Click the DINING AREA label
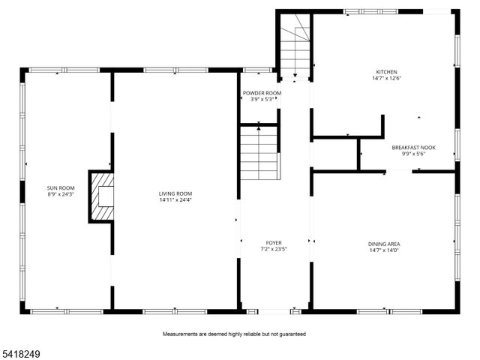click(x=383, y=244)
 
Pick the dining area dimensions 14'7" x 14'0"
click(x=383, y=250)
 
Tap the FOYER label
click(x=274, y=243)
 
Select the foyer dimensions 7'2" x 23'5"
click(x=274, y=250)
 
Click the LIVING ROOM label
click(x=175, y=193)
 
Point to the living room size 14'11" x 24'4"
click(x=175, y=200)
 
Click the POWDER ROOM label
click(x=262, y=93)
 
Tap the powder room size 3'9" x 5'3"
click(x=262, y=100)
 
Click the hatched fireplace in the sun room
click(x=102, y=196)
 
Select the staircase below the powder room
click(x=259, y=153)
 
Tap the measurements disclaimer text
click(x=234, y=334)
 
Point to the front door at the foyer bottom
click(x=274, y=310)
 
